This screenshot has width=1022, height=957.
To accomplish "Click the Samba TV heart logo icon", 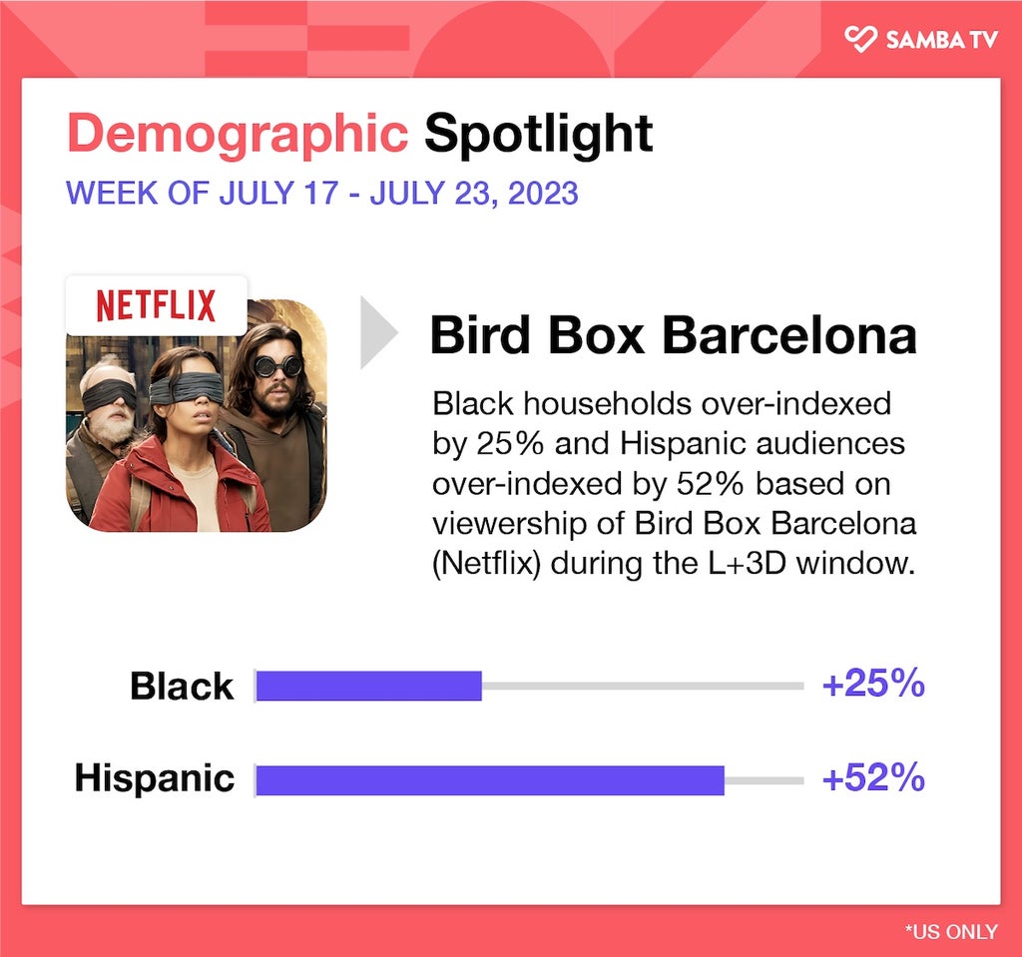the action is pyautogui.click(x=860, y=39).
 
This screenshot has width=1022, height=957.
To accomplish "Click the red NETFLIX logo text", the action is pyautogui.click(x=156, y=305).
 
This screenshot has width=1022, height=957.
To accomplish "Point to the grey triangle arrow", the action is pyautogui.click(x=378, y=332).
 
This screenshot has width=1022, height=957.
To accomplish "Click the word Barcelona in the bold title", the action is pyautogui.click(x=789, y=335).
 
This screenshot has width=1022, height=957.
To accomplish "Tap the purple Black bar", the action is pyautogui.click(x=369, y=686).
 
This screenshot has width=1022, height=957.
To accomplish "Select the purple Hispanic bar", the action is pyautogui.click(x=490, y=780).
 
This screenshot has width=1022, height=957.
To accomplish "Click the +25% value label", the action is pyautogui.click(x=873, y=684).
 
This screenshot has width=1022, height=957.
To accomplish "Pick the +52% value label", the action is pyautogui.click(x=873, y=777).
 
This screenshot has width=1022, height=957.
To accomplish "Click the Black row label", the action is pyautogui.click(x=182, y=686).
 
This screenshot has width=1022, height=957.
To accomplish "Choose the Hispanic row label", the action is pyautogui.click(x=155, y=779).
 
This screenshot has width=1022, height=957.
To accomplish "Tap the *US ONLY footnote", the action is pyautogui.click(x=951, y=932).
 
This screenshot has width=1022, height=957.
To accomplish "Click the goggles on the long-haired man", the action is pyautogui.click(x=277, y=366).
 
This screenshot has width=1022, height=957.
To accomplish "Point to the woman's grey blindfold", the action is pyautogui.click(x=187, y=390).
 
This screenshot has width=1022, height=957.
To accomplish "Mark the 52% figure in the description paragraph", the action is pyautogui.click(x=710, y=484).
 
